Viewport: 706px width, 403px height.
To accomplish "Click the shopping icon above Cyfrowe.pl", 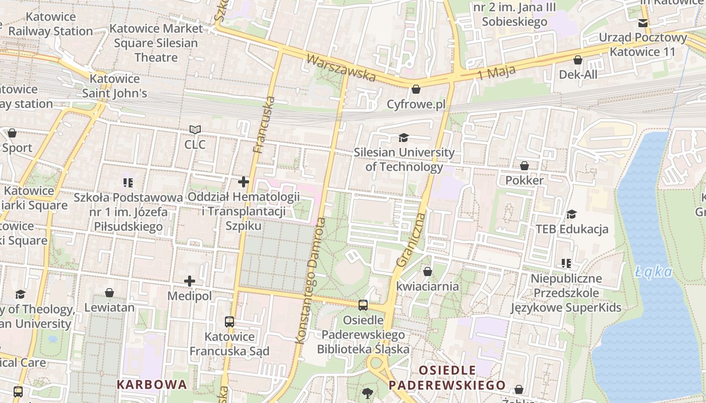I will click(416, 89).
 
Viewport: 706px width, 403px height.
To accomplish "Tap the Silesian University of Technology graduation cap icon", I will click(403, 138).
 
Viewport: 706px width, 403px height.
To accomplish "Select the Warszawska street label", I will click(341, 68).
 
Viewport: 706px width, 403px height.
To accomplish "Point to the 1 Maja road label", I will click(496, 72).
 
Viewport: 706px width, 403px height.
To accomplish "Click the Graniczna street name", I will click(411, 240).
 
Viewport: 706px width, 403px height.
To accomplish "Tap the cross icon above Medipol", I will click(190, 281).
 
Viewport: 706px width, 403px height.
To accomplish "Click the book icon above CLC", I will click(195, 130).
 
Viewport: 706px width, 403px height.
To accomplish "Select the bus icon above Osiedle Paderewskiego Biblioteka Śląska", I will click(363, 305).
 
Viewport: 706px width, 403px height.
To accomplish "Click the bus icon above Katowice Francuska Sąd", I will click(229, 321).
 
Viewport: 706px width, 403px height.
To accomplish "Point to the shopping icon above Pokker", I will click(524, 166).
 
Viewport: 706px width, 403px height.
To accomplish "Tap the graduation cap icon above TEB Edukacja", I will click(571, 215).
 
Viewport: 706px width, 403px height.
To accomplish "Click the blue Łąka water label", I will click(654, 273).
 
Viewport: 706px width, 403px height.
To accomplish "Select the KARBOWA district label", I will click(152, 384).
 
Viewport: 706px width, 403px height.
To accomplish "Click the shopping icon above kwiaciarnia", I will click(428, 272).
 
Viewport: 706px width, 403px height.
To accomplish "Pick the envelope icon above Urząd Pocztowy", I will click(643, 23).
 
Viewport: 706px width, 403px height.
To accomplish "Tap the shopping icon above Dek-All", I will click(578, 60).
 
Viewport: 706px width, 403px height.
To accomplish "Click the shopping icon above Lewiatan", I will click(109, 293).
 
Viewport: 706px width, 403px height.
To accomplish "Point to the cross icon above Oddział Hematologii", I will click(244, 182).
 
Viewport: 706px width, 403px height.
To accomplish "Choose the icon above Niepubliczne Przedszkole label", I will click(566, 263).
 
